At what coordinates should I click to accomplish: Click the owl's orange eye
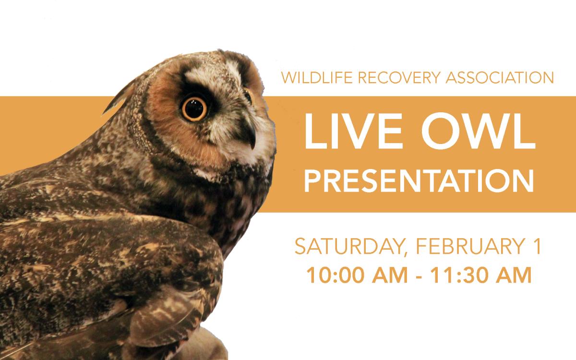(x=194, y=108)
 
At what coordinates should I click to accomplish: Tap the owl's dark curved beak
(x=251, y=133)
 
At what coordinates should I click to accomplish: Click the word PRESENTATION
(x=419, y=181)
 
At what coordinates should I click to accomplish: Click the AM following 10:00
(x=388, y=276)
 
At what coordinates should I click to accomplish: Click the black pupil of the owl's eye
(x=194, y=109)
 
